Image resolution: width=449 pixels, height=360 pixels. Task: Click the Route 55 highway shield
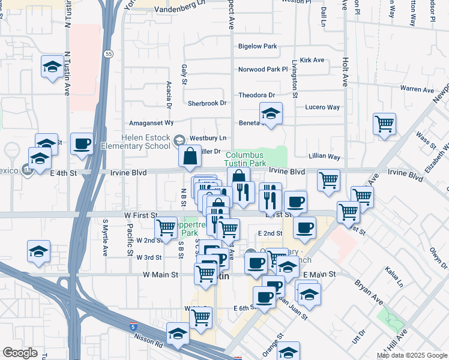pyautogui.click(x=107, y=54)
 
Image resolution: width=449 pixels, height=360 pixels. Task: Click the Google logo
pyautogui.click(x=20, y=353)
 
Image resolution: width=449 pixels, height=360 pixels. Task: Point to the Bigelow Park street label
pyautogui.click(x=258, y=46)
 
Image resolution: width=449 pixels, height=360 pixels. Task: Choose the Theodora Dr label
pyautogui.click(x=256, y=95)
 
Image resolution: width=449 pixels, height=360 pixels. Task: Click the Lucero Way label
pyautogui.click(x=322, y=107)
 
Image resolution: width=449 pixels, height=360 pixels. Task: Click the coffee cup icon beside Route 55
pyautogui.click(x=82, y=143)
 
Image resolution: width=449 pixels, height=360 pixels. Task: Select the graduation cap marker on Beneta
pyautogui.click(x=271, y=113)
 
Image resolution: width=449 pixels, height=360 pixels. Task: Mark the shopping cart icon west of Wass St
pyautogui.click(x=384, y=124)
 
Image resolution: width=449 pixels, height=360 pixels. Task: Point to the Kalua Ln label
pyautogui.click(x=393, y=278)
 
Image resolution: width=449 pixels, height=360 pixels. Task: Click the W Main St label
pyautogui.click(x=161, y=275)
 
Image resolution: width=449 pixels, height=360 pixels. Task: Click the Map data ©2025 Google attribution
pyautogui.click(x=412, y=355)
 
